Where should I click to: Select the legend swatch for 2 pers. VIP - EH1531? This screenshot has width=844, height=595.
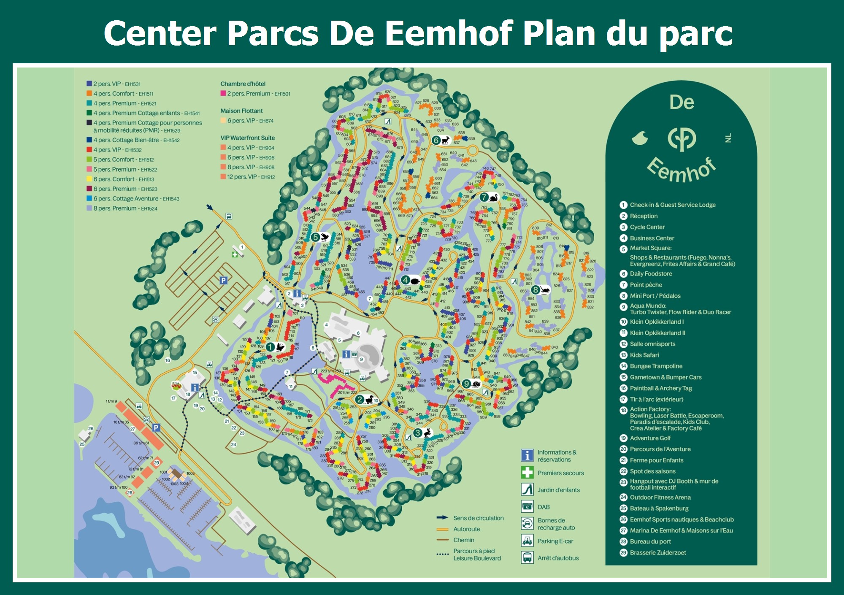89,84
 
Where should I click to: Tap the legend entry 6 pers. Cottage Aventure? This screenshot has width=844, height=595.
126,198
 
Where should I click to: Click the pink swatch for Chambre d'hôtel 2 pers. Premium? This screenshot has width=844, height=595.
223,93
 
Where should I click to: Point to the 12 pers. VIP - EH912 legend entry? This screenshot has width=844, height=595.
251,177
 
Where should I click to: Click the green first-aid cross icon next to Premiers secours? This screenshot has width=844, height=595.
527,472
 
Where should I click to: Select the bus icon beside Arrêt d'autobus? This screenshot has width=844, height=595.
527,557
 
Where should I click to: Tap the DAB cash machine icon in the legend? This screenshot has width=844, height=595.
527,506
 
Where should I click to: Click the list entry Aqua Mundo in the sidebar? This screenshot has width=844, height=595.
648,306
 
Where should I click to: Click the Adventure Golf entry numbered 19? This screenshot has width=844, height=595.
650,438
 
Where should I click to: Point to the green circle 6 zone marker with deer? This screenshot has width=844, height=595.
436,140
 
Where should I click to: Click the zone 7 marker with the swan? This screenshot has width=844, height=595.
484,197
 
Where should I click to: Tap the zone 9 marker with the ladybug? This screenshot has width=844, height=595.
466,384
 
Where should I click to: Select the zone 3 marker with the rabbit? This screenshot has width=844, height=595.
418,433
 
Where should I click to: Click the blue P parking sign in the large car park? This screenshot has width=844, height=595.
223,280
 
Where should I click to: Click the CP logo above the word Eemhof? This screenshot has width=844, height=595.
682,138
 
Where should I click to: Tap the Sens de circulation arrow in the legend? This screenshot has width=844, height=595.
442,518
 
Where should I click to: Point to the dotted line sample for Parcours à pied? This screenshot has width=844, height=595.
442,554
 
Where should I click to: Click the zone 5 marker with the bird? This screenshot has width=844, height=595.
316,237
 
